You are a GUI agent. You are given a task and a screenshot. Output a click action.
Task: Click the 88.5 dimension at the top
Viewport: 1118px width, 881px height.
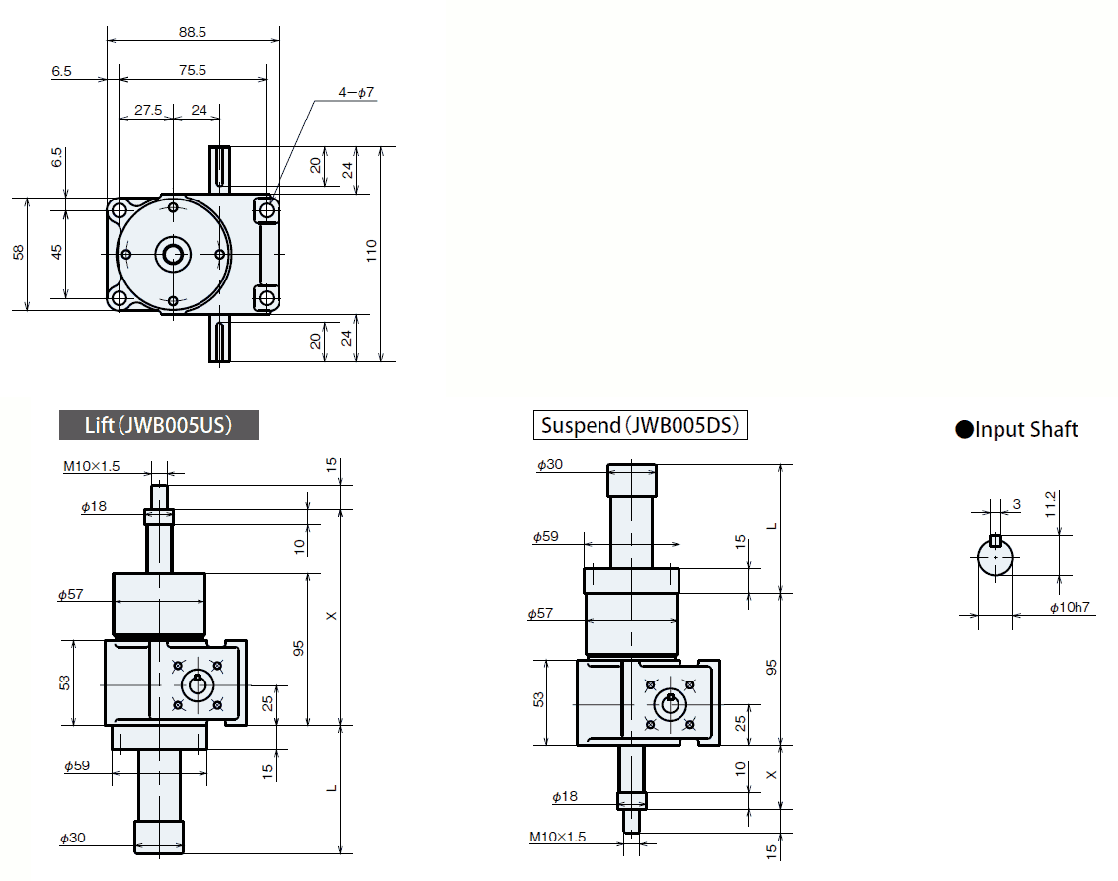point(193,32)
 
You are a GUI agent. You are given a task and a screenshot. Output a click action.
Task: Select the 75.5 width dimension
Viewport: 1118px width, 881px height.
point(193,70)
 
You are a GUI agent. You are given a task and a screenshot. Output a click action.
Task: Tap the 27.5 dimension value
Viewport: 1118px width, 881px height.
point(148,110)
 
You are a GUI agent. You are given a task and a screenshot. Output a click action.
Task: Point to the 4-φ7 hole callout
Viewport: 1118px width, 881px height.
point(357,92)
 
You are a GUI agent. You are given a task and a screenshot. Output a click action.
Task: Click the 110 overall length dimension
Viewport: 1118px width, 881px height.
point(371,254)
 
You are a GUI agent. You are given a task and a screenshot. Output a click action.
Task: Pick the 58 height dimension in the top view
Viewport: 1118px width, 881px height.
point(19,254)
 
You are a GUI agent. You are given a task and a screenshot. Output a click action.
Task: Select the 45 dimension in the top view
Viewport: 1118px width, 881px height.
point(56,253)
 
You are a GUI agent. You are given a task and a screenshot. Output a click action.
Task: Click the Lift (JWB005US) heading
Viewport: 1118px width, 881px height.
point(159,425)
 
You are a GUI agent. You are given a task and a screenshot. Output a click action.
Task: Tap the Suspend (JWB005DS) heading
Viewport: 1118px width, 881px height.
point(640,426)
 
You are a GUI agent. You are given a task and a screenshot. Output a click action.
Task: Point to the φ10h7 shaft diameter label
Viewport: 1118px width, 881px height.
point(1070,607)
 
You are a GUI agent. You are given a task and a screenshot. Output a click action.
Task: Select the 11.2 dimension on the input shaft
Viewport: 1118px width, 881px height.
point(1051,505)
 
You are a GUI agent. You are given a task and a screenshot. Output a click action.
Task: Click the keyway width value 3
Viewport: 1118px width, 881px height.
point(1016,505)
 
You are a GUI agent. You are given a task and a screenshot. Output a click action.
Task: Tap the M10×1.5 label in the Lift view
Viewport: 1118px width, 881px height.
point(91,466)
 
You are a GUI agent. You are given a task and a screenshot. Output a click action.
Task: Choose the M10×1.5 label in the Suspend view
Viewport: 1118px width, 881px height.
point(557,837)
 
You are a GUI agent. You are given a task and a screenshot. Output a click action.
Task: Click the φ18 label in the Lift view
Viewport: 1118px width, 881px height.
point(94,507)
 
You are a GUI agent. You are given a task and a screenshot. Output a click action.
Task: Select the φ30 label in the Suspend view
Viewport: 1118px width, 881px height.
point(549,464)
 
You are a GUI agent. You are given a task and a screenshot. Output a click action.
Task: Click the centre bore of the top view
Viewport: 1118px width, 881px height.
point(173,254)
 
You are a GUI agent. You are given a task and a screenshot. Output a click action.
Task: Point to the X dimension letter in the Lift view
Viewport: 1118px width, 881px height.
point(332,616)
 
